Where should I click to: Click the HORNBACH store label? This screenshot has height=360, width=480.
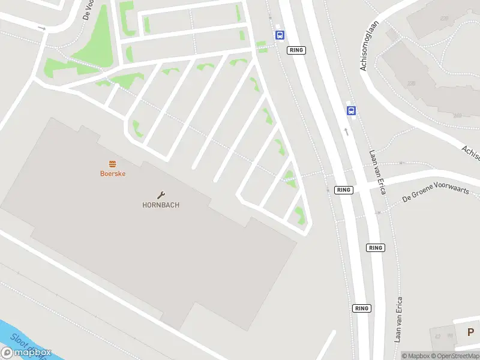161,205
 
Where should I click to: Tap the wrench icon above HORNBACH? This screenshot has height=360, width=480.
161,194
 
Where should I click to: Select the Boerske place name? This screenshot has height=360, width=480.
112,173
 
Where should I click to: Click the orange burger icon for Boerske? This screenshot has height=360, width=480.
112,164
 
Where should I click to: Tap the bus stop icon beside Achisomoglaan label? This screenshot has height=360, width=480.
351,110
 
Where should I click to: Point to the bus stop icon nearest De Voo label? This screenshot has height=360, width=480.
280,35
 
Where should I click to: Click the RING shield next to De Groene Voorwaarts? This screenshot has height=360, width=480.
343,190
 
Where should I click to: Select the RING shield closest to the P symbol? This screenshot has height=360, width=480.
361,308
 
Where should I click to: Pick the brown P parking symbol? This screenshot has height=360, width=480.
470,332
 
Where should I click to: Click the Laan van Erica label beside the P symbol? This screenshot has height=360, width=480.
398,319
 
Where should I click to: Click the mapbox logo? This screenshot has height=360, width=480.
26,353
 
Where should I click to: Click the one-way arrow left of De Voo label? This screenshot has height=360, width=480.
41,28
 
